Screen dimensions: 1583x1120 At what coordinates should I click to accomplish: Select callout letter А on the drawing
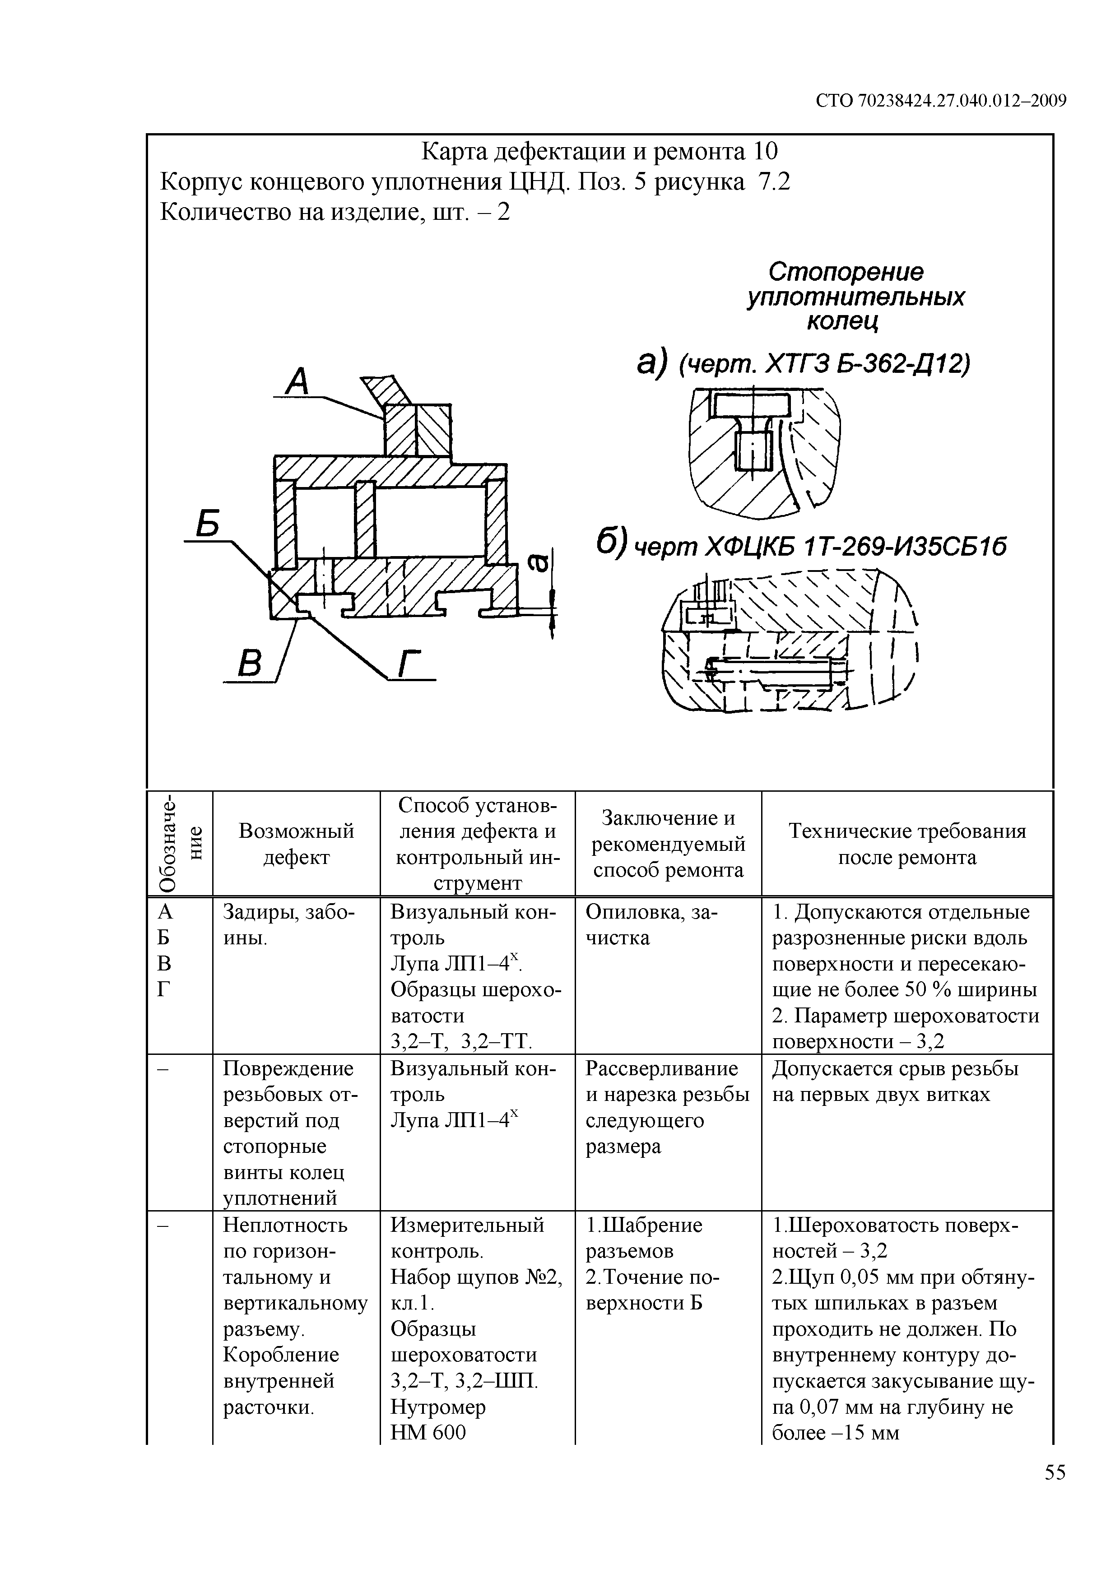(298, 381)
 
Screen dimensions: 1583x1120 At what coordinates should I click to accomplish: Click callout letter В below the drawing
(249, 664)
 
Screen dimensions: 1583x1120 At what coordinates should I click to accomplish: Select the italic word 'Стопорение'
(846, 272)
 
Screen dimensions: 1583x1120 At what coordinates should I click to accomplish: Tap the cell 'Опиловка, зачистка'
(651, 925)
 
